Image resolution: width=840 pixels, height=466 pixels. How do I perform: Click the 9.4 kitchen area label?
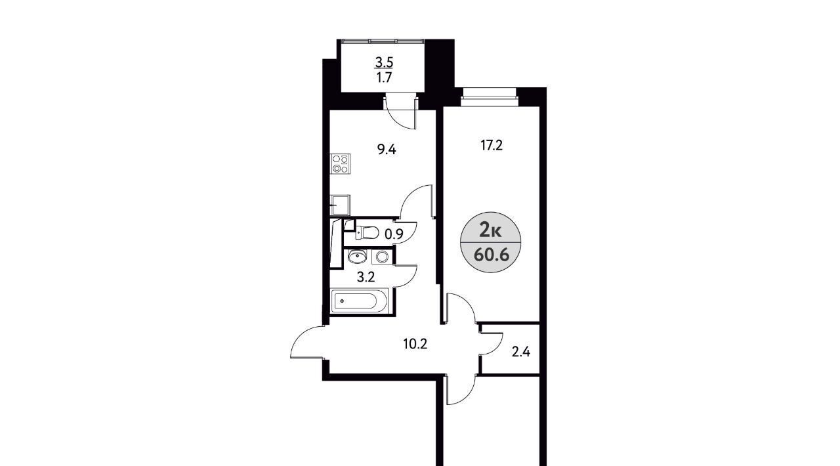point(387,150)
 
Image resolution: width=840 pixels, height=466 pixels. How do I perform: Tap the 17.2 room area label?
point(492,145)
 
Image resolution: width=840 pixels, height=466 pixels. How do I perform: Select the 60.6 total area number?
point(492,255)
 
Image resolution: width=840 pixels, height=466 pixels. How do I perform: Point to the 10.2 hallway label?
point(415,344)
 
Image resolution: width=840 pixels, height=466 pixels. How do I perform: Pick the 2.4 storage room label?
point(521,352)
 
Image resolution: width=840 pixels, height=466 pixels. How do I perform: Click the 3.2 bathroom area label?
point(366,277)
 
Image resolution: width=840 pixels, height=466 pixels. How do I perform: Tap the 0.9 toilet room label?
point(394,234)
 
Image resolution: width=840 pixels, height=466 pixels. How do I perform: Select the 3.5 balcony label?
point(384,62)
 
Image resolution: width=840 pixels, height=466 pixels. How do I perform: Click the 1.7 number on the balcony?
point(385,77)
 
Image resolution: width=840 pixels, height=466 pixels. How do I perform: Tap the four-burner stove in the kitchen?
point(340,164)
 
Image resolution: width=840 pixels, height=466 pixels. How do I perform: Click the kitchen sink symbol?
point(340,205)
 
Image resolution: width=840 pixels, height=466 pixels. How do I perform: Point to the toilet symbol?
point(367,232)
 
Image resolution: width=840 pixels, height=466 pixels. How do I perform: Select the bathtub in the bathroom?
point(358,301)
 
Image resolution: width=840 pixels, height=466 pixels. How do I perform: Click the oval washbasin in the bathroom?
point(358,257)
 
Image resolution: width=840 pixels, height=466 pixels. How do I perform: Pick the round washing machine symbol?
point(382,257)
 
